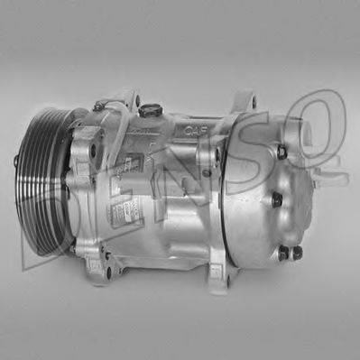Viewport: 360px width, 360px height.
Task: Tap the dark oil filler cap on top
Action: pyautogui.click(x=151, y=111)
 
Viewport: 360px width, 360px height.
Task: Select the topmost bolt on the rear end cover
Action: pyautogui.click(x=282, y=152)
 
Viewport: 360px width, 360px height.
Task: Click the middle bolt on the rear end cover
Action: pyautogui.click(x=278, y=199)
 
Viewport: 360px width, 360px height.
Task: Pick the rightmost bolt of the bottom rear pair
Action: pyautogui.click(x=296, y=254)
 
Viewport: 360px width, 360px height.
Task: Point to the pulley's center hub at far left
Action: pyautogui.click(x=16, y=162)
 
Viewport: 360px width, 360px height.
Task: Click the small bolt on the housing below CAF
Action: pyautogui.click(x=217, y=171)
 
